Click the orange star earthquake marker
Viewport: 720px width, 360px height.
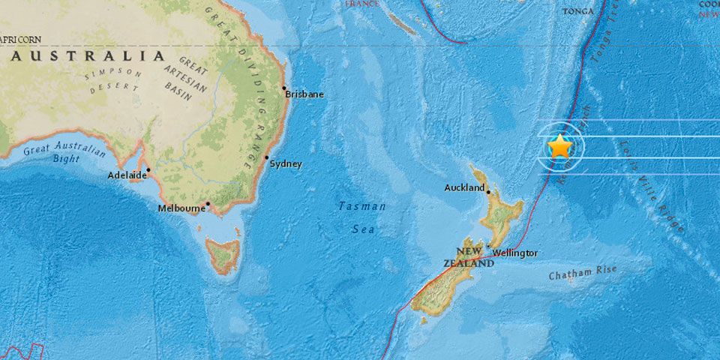click(560, 145)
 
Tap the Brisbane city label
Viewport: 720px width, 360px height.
click(304, 94)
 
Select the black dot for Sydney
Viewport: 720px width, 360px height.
click(266, 157)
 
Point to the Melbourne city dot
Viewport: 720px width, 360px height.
click(208, 203)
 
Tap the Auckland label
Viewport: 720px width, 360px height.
click(464, 188)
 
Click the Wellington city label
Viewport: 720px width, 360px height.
click(516, 253)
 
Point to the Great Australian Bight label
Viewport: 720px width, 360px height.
click(64, 153)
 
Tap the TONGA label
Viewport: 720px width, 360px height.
click(577, 11)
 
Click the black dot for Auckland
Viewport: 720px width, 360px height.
click(489, 192)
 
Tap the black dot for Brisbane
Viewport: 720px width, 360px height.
click(284, 88)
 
